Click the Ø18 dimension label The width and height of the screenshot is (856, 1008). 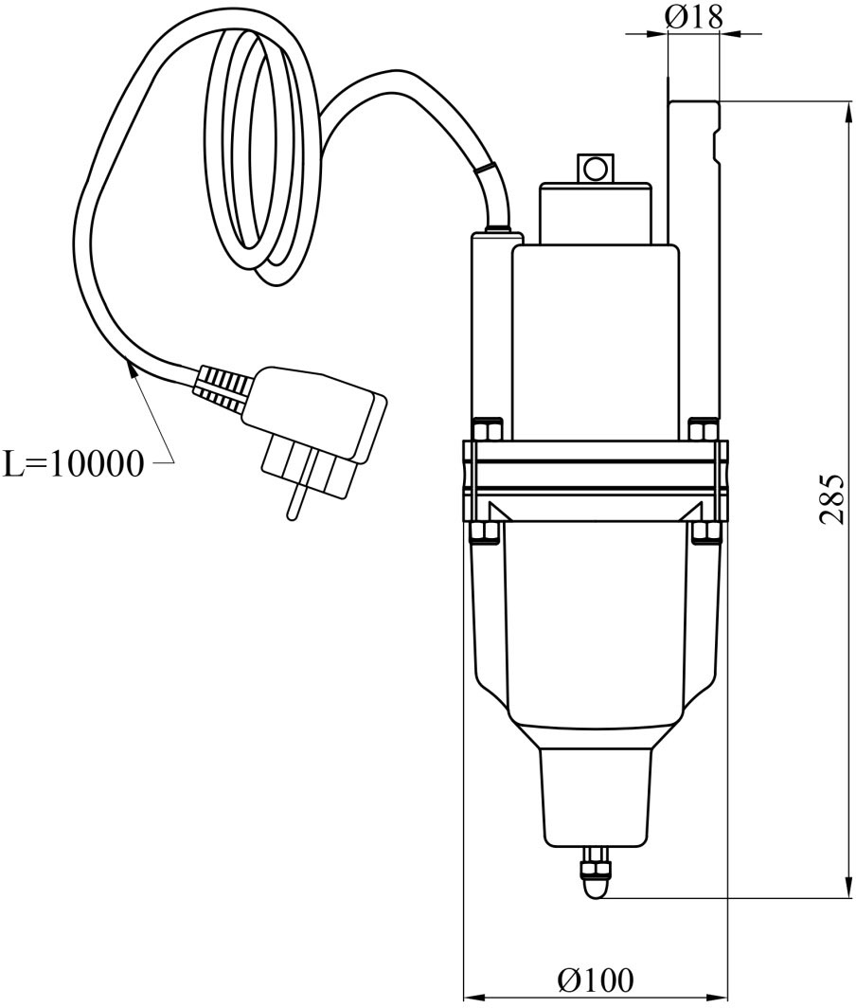pyautogui.click(x=694, y=15)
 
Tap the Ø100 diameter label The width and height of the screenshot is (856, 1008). pyautogui.click(x=595, y=979)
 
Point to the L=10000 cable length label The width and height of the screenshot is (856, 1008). pyautogui.click(x=74, y=464)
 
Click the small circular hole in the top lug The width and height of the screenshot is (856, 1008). pyautogui.click(x=595, y=169)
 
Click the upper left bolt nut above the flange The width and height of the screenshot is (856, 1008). pyautogui.click(x=486, y=430)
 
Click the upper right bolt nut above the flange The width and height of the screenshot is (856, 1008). pyautogui.click(x=704, y=430)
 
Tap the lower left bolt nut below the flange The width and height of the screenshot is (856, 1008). pyautogui.click(x=485, y=531)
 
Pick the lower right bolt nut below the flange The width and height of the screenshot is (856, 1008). pyautogui.click(x=704, y=531)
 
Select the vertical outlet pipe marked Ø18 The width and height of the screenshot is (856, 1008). pyautogui.click(x=692, y=256)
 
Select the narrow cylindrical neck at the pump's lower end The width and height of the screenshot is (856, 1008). pyautogui.click(x=597, y=796)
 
